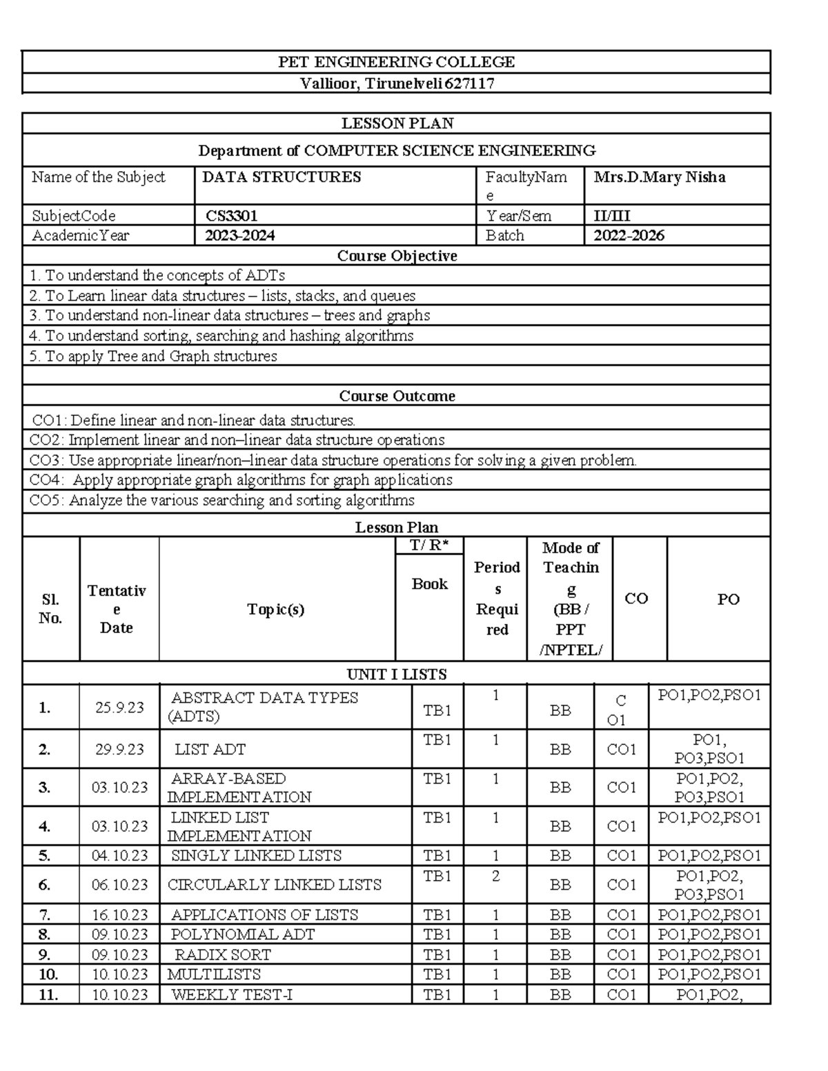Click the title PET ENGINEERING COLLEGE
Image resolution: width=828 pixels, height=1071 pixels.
click(x=396, y=62)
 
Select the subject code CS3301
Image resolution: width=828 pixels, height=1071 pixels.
click(x=232, y=216)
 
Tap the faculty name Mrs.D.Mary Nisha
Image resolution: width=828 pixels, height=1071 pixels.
click(x=659, y=177)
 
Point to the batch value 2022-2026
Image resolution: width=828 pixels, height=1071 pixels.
click(x=629, y=235)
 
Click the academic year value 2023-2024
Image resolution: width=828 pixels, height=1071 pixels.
click(x=240, y=235)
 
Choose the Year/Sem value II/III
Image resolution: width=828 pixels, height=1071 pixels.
click(x=612, y=216)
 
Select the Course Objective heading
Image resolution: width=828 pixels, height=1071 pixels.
click(x=397, y=256)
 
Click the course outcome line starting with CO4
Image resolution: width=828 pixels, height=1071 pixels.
click(x=241, y=480)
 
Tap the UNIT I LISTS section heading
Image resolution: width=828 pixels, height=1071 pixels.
click(x=396, y=674)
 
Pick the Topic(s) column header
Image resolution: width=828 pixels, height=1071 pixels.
click(x=276, y=609)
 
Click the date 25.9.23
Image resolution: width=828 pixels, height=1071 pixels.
click(x=119, y=707)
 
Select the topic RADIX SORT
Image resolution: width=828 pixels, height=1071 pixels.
click(x=222, y=954)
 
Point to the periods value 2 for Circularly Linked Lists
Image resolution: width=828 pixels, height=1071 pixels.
click(x=495, y=877)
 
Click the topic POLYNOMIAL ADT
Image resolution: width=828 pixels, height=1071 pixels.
click(x=242, y=934)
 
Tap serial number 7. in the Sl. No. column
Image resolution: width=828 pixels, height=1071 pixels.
click(x=45, y=915)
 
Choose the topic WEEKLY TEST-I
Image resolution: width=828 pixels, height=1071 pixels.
click(x=231, y=994)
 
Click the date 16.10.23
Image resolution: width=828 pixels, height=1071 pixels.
click(x=119, y=915)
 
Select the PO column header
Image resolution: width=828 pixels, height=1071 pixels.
click(x=728, y=599)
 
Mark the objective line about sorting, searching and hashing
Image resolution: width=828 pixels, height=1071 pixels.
click(x=221, y=336)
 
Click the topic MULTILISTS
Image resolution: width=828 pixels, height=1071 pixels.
click(x=214, y=974)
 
